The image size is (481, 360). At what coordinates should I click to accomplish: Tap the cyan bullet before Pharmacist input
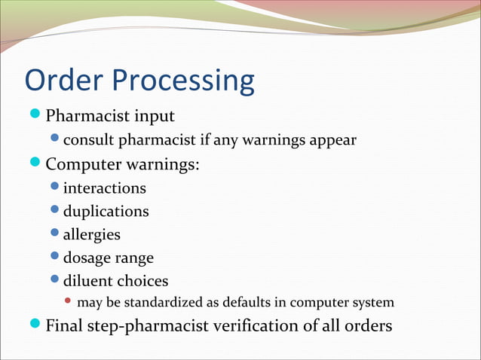(35, 115)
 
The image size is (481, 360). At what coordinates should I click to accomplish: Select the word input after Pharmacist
(153, 117)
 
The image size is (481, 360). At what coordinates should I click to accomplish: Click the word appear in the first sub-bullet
(332, 141)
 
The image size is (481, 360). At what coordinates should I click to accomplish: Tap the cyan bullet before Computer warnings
(35, 163)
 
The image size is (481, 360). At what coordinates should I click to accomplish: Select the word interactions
(104, 188)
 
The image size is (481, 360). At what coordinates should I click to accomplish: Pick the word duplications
(106, 211)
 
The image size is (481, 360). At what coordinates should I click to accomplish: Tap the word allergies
(91, 235)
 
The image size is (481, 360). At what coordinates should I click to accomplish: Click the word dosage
(87, 258)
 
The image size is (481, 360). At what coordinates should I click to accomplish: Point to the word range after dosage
(134, 259)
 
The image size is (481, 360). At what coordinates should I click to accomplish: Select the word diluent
(87, 281)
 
